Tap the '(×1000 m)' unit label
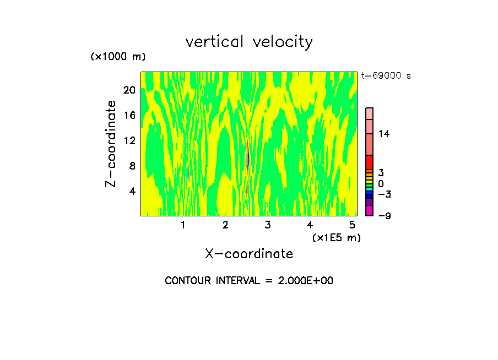(117, 57)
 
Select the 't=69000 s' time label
(386, 76)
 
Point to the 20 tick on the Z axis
(129, 90)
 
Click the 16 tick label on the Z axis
(129, 116)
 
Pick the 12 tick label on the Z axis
(129, 141)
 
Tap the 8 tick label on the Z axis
(132, 166)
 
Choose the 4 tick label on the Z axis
(132, 192)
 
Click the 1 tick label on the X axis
(183, 225)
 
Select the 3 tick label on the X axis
(267, 225)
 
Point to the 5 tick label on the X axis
(351, 225)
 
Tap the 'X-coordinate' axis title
(249, 254)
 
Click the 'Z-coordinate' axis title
(111, 144)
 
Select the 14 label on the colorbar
(384, 134)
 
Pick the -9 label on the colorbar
(384, 216)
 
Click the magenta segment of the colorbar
(370, 211)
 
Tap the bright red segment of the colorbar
(370, 162)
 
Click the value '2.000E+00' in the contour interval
(300, 281)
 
